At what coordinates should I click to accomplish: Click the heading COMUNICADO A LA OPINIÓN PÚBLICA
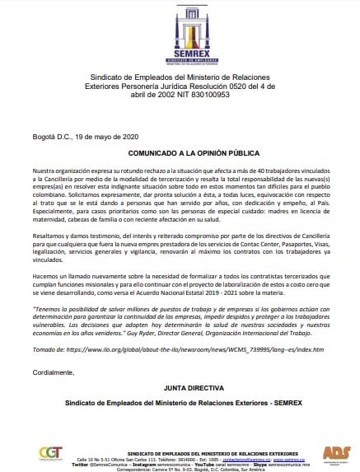pyautogui.click(x=179, y=153)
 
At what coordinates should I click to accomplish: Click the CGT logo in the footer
pyautogui.click(x=49, y=455)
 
